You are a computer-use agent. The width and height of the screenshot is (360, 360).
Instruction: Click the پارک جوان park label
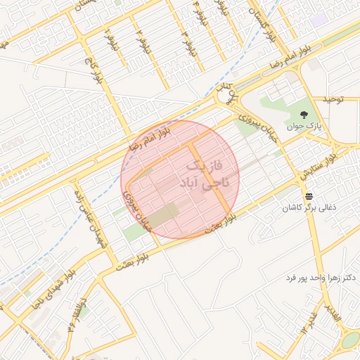click(x=303, y=127)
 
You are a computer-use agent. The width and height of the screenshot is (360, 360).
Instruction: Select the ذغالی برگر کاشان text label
click(x=309, y=208)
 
